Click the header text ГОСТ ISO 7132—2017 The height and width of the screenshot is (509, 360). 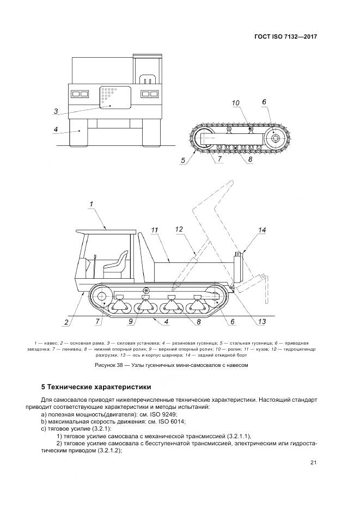click(286, 37)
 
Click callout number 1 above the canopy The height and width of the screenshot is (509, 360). click(91, 204)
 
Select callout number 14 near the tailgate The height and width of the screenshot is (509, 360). click(262, 231)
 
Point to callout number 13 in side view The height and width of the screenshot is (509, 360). click(261, 322)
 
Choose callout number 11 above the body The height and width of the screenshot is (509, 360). click(154, 231)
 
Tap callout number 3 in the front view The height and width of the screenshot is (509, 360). click(56, 112)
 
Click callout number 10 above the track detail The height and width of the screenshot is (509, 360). click(235, 102)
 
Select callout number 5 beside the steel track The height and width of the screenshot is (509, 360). click(184, 160)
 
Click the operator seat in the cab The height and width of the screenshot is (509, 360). click(114, 265)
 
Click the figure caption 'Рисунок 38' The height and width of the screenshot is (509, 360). click(171, 366)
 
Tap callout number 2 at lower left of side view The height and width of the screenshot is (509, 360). click(66, 322)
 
